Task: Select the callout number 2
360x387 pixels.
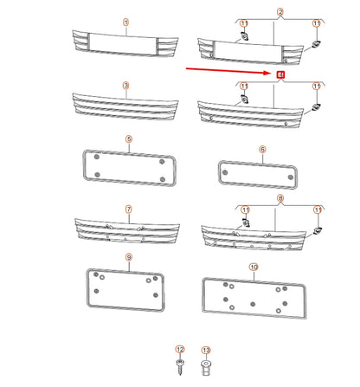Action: pyautogui.click(x=280, y=13)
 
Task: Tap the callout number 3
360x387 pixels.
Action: pyautogui.click(x=125, y=86)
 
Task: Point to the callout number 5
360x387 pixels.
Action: pyautogui.click(x=128, y=139)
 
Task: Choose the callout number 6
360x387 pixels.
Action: pyautogui.click(x=262, y=149)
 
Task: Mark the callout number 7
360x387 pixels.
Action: pyautogui.click(x=128, y=209)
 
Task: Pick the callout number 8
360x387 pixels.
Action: pyautogui.click(x=280, y=197)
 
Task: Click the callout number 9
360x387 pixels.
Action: pyautogui.click(x=128, y=257)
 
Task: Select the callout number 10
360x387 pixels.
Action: pyautogui.click(x=253, y=268)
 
